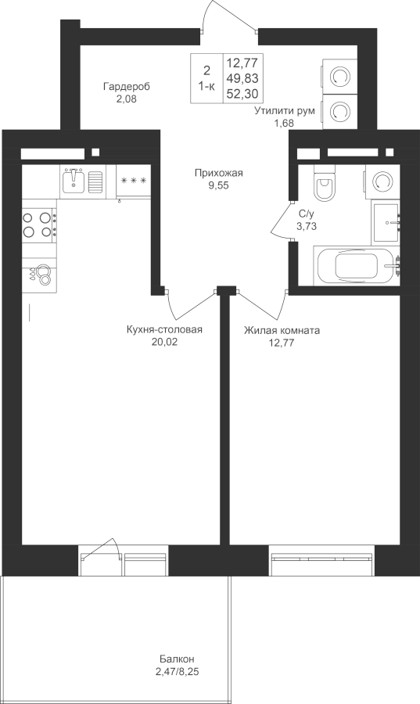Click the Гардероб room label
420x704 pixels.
tap(127, 86)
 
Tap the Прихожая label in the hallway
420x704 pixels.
tap(218, 173)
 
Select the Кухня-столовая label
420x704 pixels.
tap(165, 330)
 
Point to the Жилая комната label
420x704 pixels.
tap(282, 331)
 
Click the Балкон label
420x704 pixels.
tap(177, 659)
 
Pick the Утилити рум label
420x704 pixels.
tap(285, 111)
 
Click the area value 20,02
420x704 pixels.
tap(165, 342)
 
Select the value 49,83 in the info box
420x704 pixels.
tap(242, 78)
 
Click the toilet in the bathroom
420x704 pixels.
tap(325, 184)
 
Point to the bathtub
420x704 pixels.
tap(357, 265)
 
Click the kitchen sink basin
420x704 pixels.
tap(74, 180)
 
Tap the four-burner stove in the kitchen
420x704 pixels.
tap(39, 224)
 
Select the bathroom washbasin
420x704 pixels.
tap(386, 222)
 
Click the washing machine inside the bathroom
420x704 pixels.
tap(382, 181)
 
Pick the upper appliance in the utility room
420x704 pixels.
tap(339, 77)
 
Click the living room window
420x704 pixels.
tap(321, 560)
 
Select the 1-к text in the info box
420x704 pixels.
tap(206, 87)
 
